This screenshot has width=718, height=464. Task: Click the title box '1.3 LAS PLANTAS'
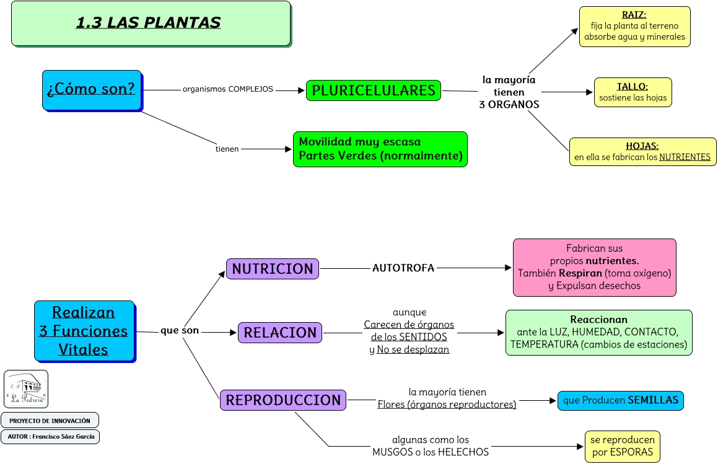coord(151,24)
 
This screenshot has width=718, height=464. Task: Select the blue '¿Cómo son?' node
coord(92,90)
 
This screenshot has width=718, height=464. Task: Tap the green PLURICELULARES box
coord(374,90)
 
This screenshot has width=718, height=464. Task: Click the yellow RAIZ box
coord(634,27)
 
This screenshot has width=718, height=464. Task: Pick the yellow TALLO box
coord(633,92)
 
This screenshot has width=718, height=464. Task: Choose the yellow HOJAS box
coord(642,152)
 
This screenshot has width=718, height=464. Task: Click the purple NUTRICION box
coord(273,269)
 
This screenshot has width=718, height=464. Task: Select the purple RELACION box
coord(280,333)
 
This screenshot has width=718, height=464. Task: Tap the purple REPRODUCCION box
coord(283,400)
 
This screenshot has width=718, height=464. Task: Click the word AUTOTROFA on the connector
coord(403,268)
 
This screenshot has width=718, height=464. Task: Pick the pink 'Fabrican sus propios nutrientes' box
coord(594,268)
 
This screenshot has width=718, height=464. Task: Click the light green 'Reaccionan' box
coord(598,333)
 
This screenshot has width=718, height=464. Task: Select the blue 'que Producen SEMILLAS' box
coord(620,400)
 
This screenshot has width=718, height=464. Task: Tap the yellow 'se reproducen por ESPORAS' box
coord(622,446)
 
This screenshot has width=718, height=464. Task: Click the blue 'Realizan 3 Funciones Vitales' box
coord(84,331)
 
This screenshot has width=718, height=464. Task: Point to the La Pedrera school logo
coord(26,389)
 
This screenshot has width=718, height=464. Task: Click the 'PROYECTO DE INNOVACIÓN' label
coord(50,421)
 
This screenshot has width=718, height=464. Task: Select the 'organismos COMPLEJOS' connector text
coord(227,89)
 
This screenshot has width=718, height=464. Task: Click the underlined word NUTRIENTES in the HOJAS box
coord(685,157)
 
